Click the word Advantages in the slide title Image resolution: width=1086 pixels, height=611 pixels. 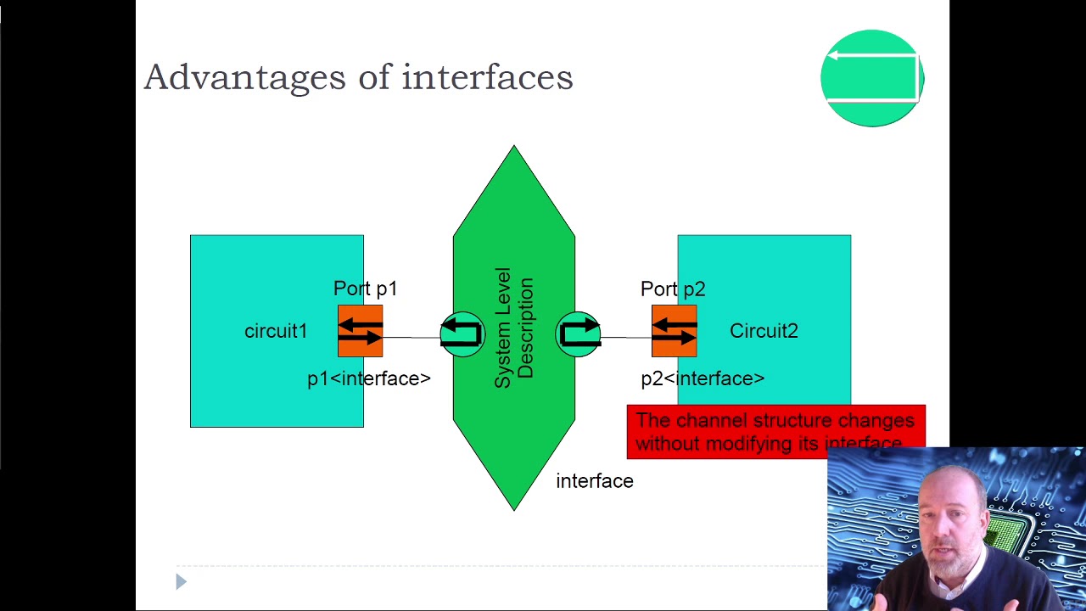pos(245,77)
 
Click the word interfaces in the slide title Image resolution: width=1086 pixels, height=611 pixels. pos(487,77)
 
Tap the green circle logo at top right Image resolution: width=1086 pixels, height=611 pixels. pos(871,78)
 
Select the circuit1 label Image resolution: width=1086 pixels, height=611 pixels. pos(276,331)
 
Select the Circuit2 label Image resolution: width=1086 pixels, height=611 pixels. pos(764,331)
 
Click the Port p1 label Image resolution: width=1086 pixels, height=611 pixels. pos(365,289)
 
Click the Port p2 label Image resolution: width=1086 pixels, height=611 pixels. pos(673,289)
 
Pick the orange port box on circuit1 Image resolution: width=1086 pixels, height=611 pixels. pos(360,331)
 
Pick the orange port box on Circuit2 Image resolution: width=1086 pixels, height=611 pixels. pos(674,331)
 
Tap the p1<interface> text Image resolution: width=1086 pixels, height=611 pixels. pos(369,378)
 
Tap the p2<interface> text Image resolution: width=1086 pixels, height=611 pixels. pos(703,378)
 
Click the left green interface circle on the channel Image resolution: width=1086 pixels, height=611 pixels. pos(462,334)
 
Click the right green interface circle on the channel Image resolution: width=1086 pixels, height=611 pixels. pos(579,334)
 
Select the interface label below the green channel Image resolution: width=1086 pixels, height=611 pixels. pos(594,481)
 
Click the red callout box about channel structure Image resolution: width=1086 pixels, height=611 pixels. pos(775,431)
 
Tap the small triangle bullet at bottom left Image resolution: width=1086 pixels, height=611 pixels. pos(181,581)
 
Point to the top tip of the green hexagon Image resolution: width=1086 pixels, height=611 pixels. pos(513,149)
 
